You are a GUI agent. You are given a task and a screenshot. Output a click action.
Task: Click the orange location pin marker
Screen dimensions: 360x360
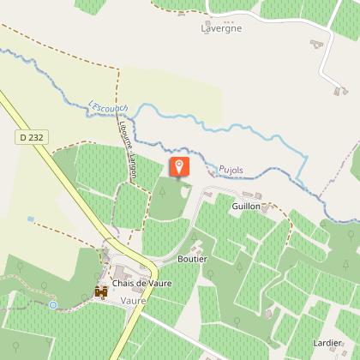[179, 166]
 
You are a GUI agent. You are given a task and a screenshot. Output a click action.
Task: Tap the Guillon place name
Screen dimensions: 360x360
[245, 207]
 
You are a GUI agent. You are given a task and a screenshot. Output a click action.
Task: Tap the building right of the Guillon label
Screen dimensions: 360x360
[273, 207]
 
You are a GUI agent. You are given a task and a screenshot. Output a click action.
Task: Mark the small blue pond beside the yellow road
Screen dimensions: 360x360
[31, 219]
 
